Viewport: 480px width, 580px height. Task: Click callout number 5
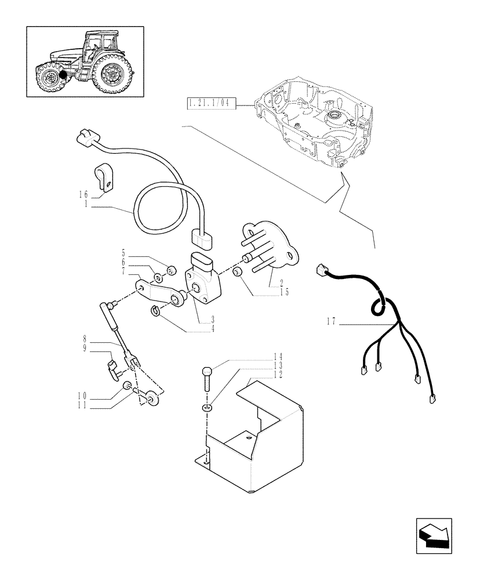123,253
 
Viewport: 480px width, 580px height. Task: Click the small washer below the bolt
208,409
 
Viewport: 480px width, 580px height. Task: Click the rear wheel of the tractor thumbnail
110,74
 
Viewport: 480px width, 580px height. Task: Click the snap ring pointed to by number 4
155,311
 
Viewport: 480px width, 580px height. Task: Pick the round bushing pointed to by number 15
238,273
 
